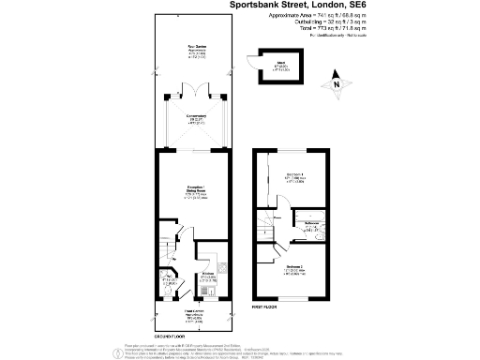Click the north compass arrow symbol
click(x=336, y=83)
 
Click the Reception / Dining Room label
click(x=196, y=194)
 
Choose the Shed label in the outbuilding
click(x=280, y=67)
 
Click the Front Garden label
click(x=194, y=315)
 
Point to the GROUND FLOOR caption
click(x=170, y=334)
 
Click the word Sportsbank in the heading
click(x=263, y=6)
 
